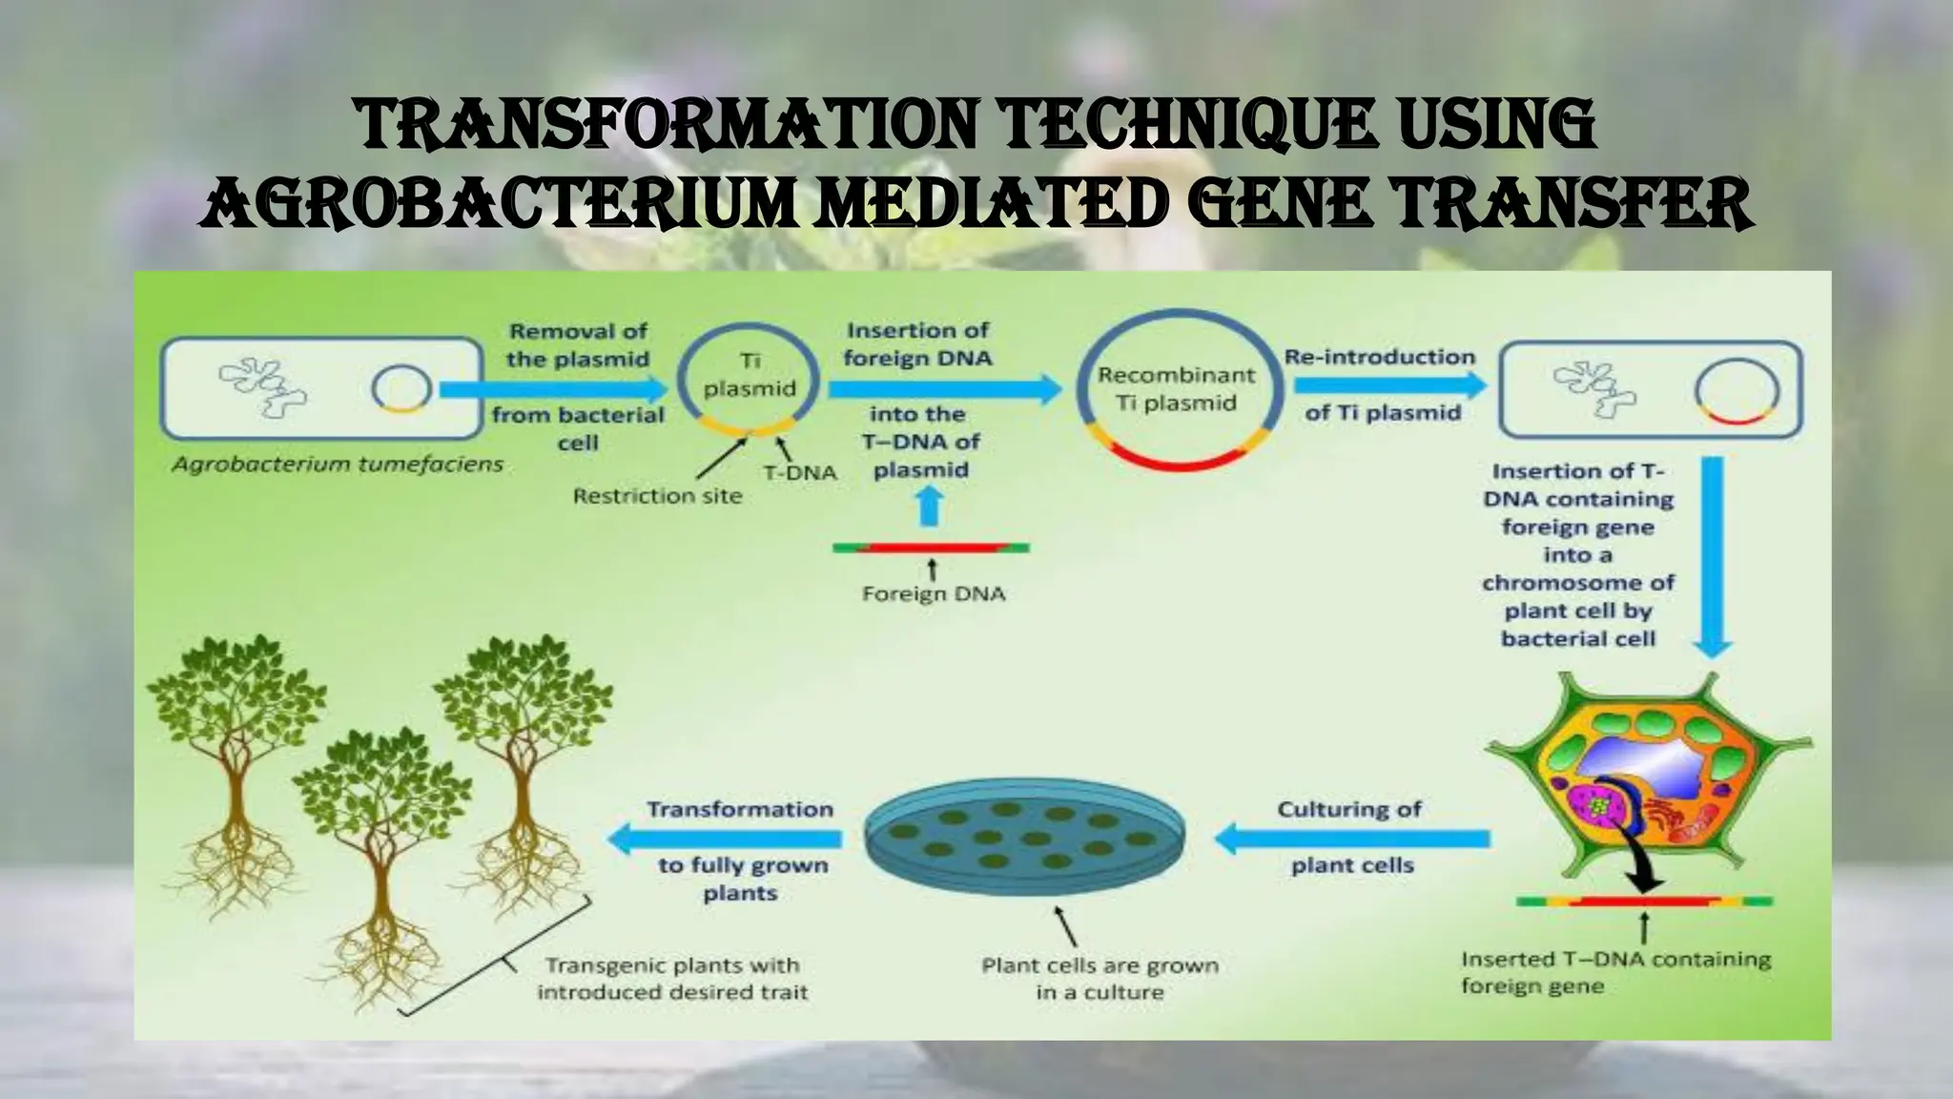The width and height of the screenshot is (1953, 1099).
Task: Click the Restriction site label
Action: (657, 496)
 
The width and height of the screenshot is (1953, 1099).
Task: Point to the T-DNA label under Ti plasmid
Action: (800, 472)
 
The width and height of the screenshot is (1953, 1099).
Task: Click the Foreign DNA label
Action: (933, 594)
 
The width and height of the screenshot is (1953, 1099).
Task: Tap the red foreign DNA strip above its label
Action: (931, 549)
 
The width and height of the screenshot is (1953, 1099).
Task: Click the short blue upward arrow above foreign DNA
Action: (931, 506)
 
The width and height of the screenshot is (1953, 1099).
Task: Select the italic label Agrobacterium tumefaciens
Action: (337, 466)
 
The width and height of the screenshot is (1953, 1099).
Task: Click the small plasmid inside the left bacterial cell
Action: (401, 388)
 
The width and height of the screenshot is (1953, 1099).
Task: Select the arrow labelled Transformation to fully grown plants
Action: (725, 839)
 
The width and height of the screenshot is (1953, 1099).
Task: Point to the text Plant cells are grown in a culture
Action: (1100, 979)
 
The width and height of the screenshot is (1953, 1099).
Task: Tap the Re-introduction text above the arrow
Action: (1379, 357)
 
